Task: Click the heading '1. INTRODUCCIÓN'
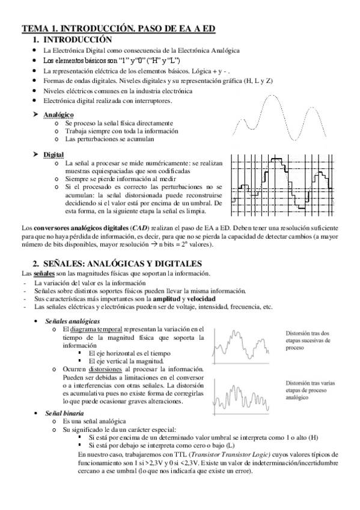coord(75,39)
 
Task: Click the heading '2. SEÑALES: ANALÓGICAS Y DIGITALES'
coord(117,264)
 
